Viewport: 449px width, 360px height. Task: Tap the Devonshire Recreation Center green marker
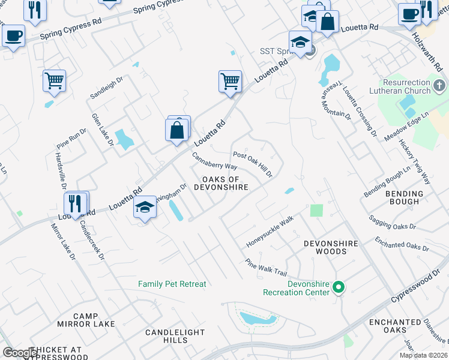tap(338, 288)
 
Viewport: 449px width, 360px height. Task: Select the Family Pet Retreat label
tap(172, 284)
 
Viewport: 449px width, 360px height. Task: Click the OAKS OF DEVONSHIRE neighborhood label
tap(221, 183)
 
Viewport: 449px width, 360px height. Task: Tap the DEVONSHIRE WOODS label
tap(331, 247)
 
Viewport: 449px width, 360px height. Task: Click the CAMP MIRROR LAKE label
tap(94, 320)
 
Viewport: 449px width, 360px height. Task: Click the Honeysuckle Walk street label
tap(270, 232)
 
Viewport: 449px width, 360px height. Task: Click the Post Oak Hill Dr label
tap(253, 164)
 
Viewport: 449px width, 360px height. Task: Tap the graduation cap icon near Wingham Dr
tap(145, 207)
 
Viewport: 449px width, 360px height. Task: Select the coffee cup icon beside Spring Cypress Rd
tap(13, 34)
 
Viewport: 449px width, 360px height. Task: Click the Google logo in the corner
tap(20, 353)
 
